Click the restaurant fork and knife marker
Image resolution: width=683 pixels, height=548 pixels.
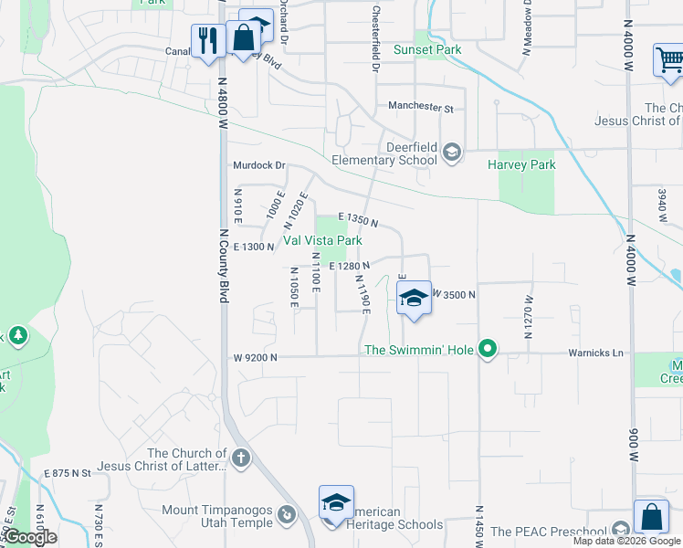(x=208, y=41)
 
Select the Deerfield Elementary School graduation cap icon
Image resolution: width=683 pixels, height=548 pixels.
(x=451, y=151)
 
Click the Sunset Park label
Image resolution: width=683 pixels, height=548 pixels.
(x=426, y=49)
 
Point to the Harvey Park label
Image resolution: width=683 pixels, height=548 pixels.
(x=521, y=165)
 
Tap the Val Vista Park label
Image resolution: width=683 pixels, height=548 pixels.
(x=321, y=240)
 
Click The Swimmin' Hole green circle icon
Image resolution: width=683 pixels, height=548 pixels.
(x=489, y=349)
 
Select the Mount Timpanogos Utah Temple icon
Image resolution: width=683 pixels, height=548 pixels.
(x=287, y=513)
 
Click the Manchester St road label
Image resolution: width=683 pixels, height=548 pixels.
(x=420, y=107)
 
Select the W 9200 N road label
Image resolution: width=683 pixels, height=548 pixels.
(x=254, y=358)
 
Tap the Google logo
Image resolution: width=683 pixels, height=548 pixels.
(x=29, y=537)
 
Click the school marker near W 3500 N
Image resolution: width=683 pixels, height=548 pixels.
(x=414, y=299)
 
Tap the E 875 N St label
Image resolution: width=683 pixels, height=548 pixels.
(x=68, y=473)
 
